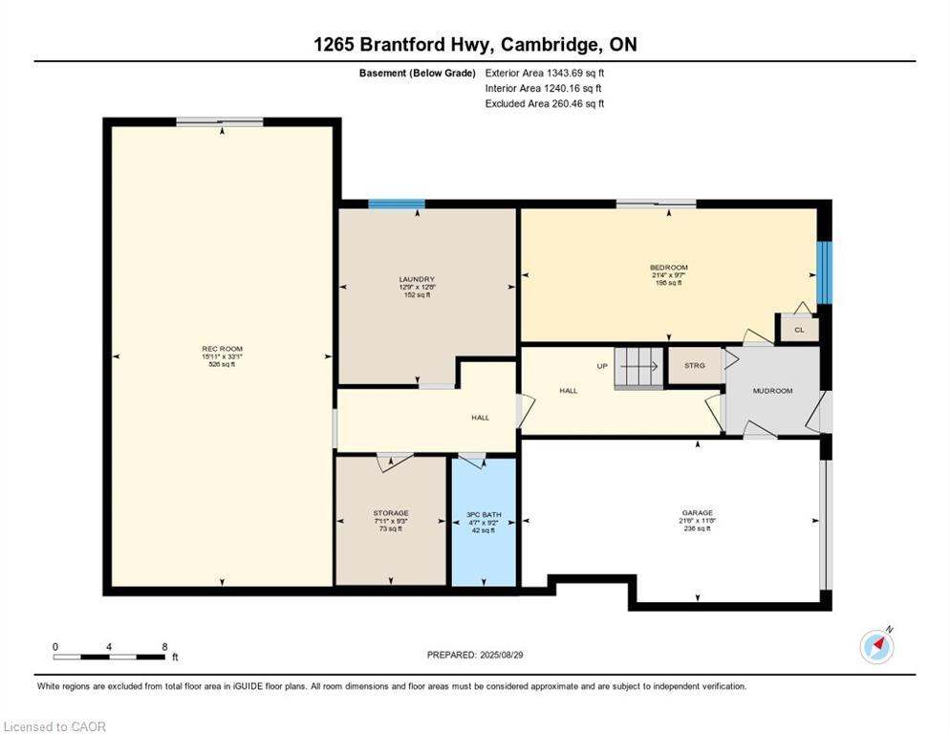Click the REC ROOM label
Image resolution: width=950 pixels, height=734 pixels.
(220, 348)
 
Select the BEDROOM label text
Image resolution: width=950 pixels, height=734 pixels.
(668, 268)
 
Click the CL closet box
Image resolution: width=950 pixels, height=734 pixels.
(799, 329)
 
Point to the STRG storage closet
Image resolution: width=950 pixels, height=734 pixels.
(695, 365)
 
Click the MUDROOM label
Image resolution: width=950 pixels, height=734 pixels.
(772, 391)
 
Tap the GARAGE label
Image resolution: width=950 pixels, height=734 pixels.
(697, 513)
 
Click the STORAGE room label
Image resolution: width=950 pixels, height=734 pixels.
(391, 513)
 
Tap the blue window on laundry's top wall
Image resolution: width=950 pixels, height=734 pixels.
(397, 203)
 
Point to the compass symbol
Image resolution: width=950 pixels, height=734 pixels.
(876, 646)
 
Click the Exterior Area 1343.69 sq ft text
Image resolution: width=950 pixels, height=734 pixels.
(545, 73)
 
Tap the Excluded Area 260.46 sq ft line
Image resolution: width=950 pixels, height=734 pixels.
(545, 103)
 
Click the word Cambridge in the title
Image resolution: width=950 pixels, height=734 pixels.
(544, 45)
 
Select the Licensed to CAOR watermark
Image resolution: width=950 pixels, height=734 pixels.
(55, 726)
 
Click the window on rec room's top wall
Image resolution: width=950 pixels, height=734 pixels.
(219, 121)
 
